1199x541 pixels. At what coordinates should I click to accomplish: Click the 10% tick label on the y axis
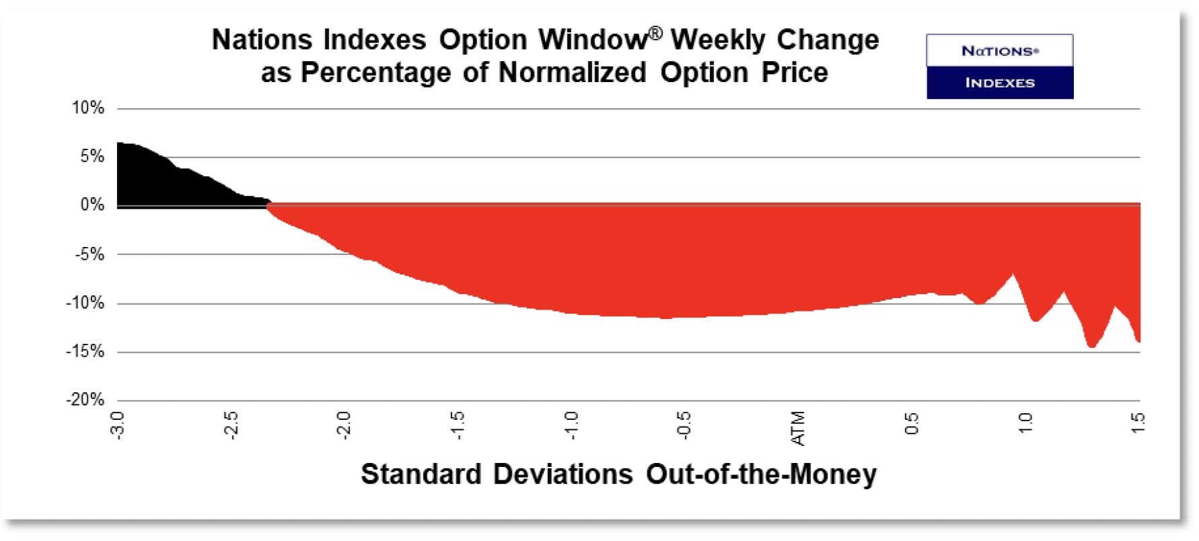point(88,108)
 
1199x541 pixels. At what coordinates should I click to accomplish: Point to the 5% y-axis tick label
point(92,157)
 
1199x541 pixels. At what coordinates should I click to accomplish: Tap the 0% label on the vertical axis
point(92,205)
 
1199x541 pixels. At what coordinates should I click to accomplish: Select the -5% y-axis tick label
point(89,254)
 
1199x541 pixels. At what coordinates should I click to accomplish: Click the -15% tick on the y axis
point(85,351)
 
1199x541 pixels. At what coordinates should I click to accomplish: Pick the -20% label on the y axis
point(85,400)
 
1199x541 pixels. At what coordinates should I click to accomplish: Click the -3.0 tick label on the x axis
point(118,425)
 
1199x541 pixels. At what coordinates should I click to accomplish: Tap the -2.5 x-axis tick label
point(231,425)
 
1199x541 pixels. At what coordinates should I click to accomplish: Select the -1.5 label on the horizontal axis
point(458,425)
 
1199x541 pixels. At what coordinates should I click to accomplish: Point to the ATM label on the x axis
point(798,428)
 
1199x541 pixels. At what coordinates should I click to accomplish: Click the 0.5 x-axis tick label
point(912,424)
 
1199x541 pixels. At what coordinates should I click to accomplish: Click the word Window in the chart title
point(592,40)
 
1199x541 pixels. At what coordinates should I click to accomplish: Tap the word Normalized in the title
point(572,73)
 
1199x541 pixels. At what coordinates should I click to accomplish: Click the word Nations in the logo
point(1000,51)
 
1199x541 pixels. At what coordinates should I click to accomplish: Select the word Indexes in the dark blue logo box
point(1000,83)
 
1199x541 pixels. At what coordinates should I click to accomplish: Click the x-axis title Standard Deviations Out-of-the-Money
point(618,474)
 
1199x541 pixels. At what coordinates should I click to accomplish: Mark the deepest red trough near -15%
point(1091,345)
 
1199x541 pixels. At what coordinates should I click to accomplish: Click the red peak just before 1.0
point(1013,276)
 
